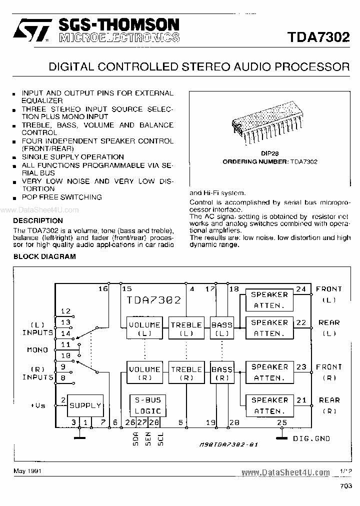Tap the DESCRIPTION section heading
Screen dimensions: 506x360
point(38,220)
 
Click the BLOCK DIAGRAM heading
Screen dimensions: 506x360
point(44,256)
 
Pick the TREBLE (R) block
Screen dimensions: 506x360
point(186,373)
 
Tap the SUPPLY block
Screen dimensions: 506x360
point(85,405)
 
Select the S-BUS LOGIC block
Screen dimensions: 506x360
point(147,405)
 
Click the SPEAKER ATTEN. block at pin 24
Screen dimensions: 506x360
point(269,300)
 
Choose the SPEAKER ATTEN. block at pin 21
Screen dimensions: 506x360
point(269,405)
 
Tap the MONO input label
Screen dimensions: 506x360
point(37,350)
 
